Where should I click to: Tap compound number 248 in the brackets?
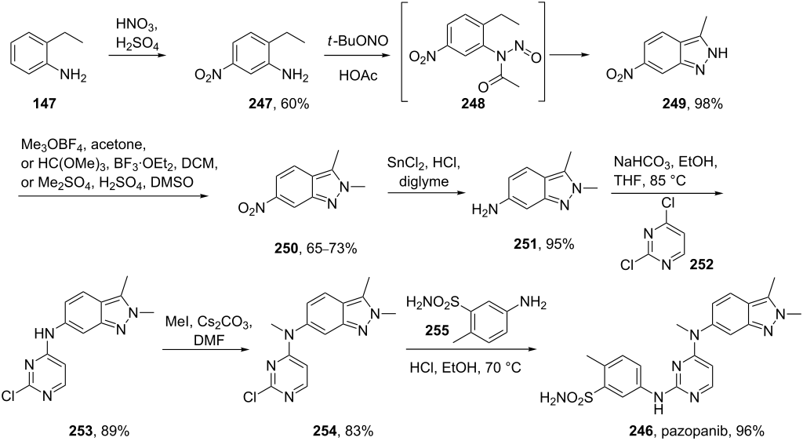click(472, 104)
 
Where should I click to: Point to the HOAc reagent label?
click(358, 76)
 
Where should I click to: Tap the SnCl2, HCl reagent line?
click(424, 164)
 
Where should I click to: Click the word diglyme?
click(424, 182)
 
